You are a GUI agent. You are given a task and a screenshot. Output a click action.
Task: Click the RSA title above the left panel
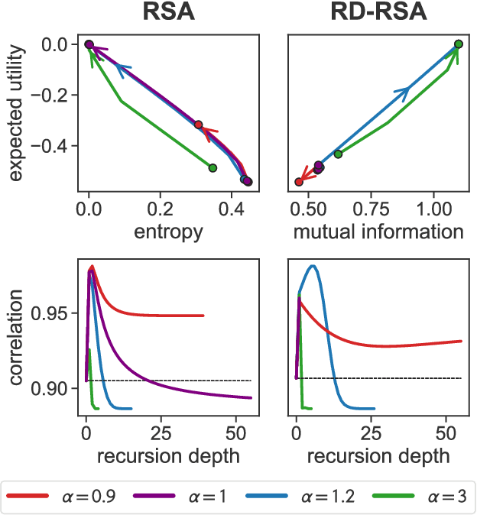click(168, 14)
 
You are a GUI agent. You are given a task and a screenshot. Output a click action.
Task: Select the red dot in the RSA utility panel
click(199, 125)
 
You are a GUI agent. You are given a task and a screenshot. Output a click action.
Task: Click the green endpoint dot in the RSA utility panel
click(213, 167)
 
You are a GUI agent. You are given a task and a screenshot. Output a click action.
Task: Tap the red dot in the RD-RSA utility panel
click(299, 182)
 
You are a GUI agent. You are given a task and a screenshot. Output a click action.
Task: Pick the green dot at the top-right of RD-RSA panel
click(458, 44)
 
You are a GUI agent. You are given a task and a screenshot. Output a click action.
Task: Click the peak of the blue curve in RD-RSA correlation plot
click(312, 266)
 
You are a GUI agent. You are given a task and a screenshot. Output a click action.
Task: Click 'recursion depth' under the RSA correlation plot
click(168, 457)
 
